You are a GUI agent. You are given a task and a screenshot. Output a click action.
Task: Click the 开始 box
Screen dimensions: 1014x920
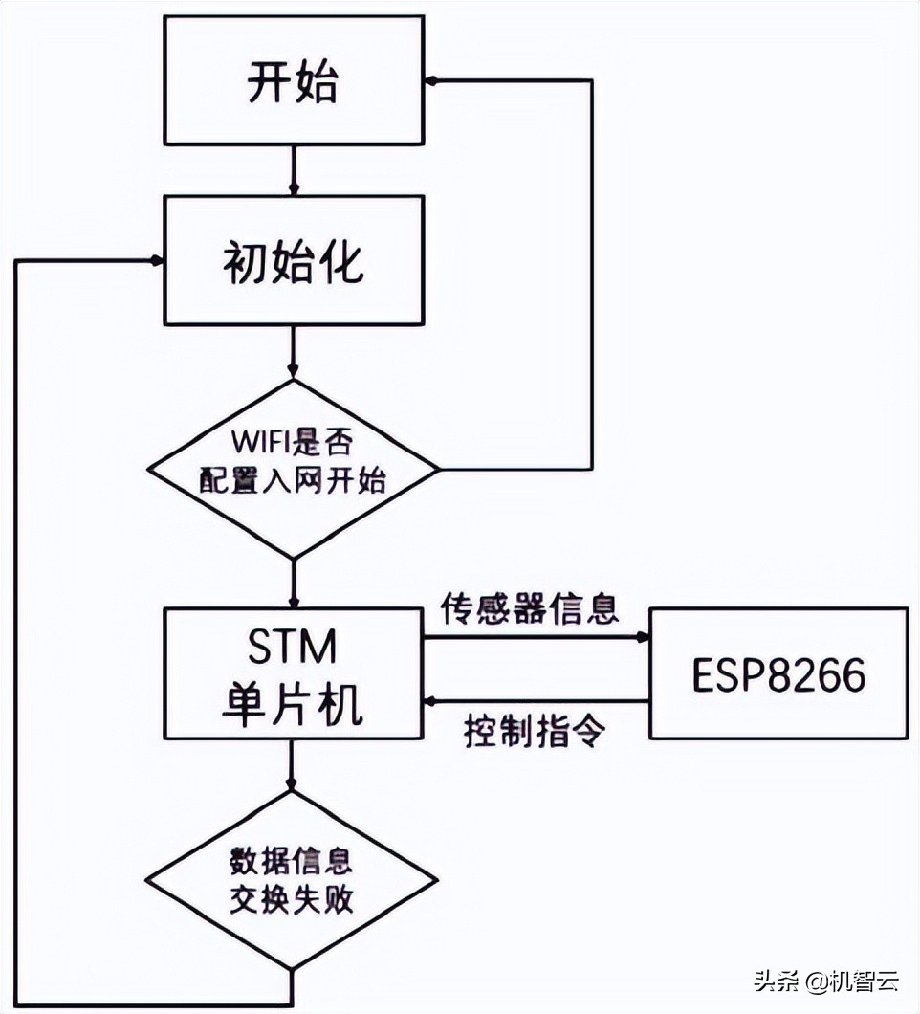coord(293,82)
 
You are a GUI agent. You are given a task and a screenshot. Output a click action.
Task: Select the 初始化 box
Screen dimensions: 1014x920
coord(293,260)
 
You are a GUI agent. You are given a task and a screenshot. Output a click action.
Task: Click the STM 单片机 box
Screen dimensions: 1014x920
coord(293,673)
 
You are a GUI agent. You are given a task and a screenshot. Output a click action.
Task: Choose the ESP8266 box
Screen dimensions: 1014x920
coord(778,673)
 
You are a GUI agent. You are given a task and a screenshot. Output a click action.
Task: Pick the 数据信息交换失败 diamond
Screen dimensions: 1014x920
coord(293,878)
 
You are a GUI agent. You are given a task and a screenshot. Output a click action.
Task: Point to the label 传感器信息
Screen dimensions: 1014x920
coord(529,609)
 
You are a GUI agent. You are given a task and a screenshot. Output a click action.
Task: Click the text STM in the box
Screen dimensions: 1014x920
coord(293,649)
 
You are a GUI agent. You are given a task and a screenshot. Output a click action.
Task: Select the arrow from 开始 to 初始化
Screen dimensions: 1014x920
coord(293,170)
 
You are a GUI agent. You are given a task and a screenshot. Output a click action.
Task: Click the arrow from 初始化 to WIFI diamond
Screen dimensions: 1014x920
coord(293,351)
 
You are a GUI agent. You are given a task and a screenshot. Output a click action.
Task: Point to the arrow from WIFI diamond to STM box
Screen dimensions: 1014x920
coord(293,582)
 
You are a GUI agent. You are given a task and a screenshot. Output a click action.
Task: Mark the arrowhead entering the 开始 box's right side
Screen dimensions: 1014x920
coord(431,82)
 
